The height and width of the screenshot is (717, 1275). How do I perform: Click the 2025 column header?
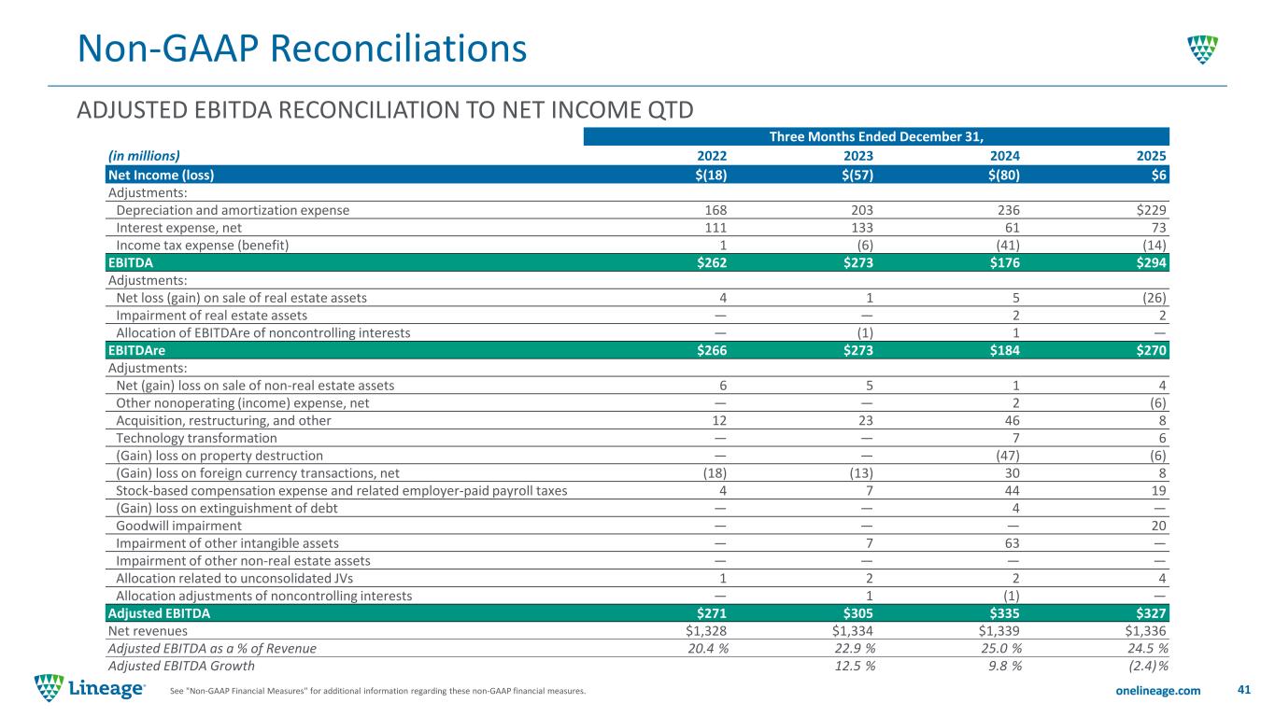click(1155, 157)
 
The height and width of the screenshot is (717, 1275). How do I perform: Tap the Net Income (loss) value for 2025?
click(1161, 175)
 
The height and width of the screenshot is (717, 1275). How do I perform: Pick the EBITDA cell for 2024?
click(1007, 262)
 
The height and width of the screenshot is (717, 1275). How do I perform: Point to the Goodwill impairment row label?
click(175, 526)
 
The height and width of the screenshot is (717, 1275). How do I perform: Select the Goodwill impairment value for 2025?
click(1161, 526)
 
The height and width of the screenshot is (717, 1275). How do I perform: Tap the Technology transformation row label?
click(196, 438)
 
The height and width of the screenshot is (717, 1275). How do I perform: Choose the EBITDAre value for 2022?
click(713, 350)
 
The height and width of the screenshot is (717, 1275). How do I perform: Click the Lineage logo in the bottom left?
click(90, 689)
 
